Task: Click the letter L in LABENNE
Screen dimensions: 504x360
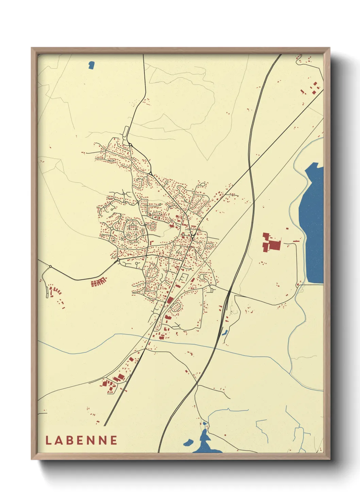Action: pyautogui.click(x=48, y=440)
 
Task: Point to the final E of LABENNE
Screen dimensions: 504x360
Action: pyautogui.click(x=114, y=440)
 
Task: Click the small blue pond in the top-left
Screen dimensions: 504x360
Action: pyautogui.click(x=91, y=65)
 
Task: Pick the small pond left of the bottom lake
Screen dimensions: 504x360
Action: pyautogui.click(x=188, y=442)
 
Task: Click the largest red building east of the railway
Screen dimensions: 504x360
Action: pyautogui.click(x=275, y=245)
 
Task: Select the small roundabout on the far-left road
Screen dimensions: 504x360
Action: pyautogui.click(x=50, y=266)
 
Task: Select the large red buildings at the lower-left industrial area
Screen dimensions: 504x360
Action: pyautogui.click(x=116, y=380)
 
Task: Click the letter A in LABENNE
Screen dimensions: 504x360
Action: pyautogui.click(x=59, y=440)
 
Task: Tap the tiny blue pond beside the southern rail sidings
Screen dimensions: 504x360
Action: pyautogui.click(x=225, y=332)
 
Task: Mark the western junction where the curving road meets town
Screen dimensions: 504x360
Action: pyautogui.click(x=118, y=261)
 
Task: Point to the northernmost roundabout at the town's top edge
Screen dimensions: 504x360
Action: pyautogui.click(x=130, y=145)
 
